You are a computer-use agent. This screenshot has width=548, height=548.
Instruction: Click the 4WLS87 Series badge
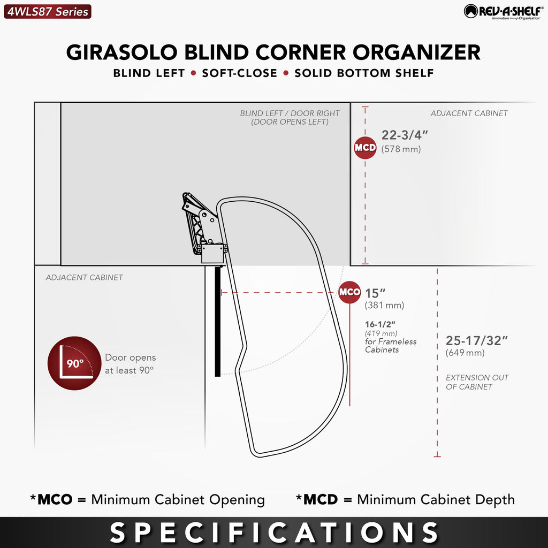tap(48, 12)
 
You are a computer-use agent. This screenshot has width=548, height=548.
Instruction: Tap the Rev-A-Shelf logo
tap(504, 12)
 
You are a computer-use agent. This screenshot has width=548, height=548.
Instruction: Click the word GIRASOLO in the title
tap(122, 52)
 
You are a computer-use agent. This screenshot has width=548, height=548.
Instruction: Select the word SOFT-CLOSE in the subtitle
tap(239, 73)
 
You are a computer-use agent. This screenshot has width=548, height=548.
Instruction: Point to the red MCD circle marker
tap(365, 148)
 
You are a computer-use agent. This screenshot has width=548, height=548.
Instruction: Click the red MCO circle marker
tap(349, 292)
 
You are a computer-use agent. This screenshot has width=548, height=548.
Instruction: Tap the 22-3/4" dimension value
tap(405, 135)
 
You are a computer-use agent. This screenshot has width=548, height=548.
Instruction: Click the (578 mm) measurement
tap(401, 149)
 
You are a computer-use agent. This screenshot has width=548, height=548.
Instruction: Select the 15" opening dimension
tap(375, 293)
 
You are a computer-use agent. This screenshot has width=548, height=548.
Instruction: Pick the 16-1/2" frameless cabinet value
tap(380, 324)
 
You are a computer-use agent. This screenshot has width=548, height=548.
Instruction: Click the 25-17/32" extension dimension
tap(477, 340)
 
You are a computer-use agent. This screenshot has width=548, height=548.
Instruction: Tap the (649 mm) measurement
tap(465, 353)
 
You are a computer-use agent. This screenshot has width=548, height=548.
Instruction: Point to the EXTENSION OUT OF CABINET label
tap(477, 382)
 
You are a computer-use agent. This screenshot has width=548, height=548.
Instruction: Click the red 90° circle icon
tap(74, 363)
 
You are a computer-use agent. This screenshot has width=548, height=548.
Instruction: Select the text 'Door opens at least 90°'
tap(131, 364)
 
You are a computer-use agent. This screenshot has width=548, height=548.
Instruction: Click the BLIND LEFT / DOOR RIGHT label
tap(290, 117)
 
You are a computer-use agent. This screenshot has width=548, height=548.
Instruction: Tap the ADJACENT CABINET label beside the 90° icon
tap(84, 278)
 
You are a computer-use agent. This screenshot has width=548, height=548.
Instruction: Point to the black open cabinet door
tap(218, 321)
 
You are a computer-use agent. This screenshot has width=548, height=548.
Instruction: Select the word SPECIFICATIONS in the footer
tap(274, 532)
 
